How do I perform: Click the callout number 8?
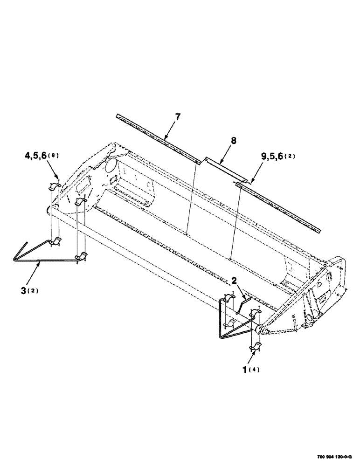tap(234, 140)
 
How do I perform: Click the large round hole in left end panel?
tap(111, 165)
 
